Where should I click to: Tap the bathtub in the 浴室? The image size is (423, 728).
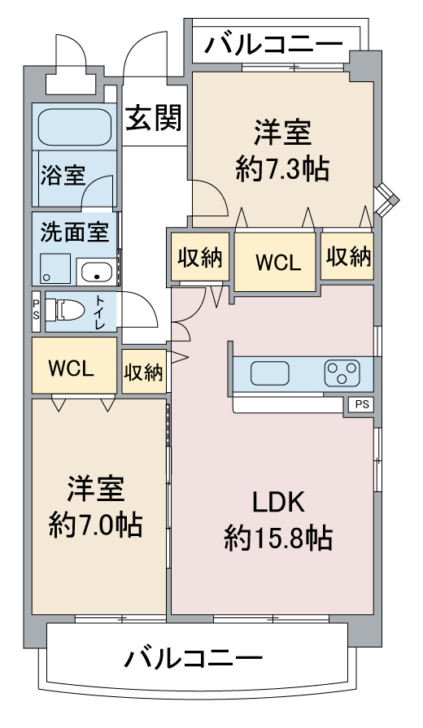[x=74, y=127]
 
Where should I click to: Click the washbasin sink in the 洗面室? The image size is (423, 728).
[x=97, y=272]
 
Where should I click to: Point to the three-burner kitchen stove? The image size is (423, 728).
[x=342, y=373]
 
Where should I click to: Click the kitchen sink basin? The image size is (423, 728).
[x=270, y=373]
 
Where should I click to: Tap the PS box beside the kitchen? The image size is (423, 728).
[x=361, y=404]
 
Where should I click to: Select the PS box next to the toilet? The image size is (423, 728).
[x=37, y=311]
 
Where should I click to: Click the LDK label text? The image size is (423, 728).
[x=278, y=503]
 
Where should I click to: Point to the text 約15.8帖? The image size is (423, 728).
[x=278, y=538]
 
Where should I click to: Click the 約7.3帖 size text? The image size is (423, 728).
[x=282, y=168]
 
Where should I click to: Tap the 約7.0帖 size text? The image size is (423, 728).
[x=96, y=525]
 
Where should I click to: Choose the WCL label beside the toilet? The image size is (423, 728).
[x=72, y=368]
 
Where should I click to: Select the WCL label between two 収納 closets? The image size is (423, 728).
[x=278, y=263]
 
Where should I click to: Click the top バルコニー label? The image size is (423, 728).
[x=274, y=45]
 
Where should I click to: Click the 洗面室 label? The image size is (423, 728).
[x=75, y=232]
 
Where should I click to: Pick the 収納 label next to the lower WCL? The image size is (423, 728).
[x=144, y=373]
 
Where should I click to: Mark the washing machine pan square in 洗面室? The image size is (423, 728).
[x=55, y=268]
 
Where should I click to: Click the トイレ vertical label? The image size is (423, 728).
[x=101, y=311]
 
